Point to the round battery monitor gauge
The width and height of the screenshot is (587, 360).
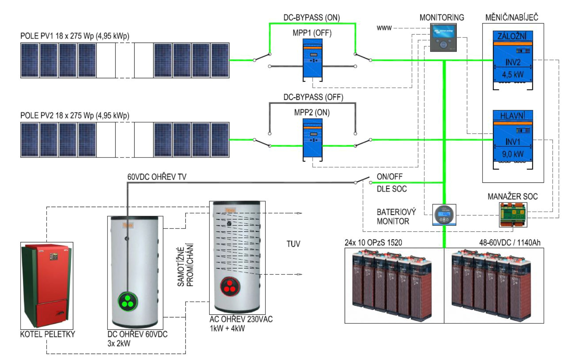444,215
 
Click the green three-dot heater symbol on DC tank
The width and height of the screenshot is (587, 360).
128,302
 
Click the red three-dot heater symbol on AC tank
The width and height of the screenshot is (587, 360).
230,286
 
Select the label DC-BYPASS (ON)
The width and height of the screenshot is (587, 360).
312,18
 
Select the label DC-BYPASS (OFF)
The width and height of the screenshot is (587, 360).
313,97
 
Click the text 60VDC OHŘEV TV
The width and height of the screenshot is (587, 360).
157,177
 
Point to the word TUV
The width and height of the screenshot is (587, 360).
293,244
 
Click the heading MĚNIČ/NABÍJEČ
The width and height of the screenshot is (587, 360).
512,17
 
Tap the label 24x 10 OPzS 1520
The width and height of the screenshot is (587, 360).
373,243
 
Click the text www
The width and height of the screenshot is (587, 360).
384,28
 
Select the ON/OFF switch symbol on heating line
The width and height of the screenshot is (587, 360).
363,181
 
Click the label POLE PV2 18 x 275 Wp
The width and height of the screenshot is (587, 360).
75,115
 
